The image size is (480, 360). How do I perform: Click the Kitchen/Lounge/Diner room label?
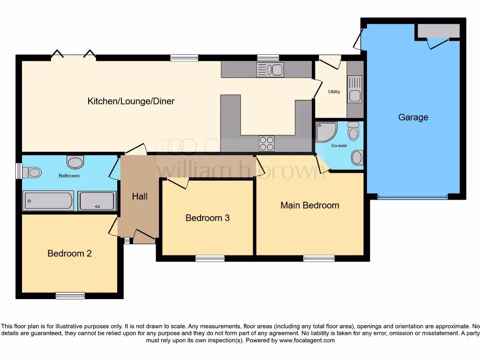pyautogui.click(x=131, y=101)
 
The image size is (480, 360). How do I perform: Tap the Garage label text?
pyautogui.click(x=413, y=117)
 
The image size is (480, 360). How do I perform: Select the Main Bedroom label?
pyautogui.click(x=309, y=205)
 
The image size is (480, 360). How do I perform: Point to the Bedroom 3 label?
pyautogui.click(x=207, y=218)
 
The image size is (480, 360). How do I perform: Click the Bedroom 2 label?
pyautogui.click(x=69, y=254)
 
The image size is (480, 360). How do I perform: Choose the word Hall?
pyautogui.click(x=139, y=196)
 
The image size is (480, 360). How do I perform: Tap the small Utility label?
pyautogui.click(x=334, y=92)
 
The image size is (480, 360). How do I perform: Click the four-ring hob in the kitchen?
pyautogui.click(x=267, y=143)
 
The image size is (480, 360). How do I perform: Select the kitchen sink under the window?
pyautogui.click(x=270, y=70)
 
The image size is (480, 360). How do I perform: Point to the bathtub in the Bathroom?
pyautogui.click(x=48, y=201)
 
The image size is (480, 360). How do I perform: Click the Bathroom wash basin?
pyautogui.click(x=75, y=162)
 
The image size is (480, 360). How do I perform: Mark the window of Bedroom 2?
pyautogui.click(x=70, y=295)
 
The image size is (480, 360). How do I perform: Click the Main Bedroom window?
pyautogui.click(x=319, y=258)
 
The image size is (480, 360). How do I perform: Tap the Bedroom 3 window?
pyautogui.click(x=210, y=258)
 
